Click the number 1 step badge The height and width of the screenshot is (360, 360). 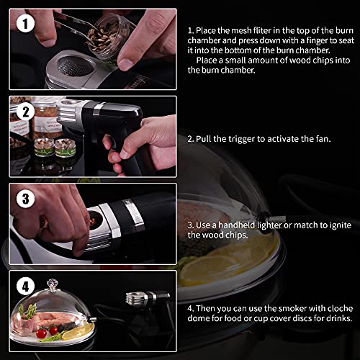(x=25, y=24)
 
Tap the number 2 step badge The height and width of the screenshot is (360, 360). (x=25, y=112)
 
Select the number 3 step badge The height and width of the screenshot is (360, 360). (x=25, y=199)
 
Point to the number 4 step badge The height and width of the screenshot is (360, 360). (x=25, y=286)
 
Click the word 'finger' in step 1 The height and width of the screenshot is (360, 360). (x=316, y=40)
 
